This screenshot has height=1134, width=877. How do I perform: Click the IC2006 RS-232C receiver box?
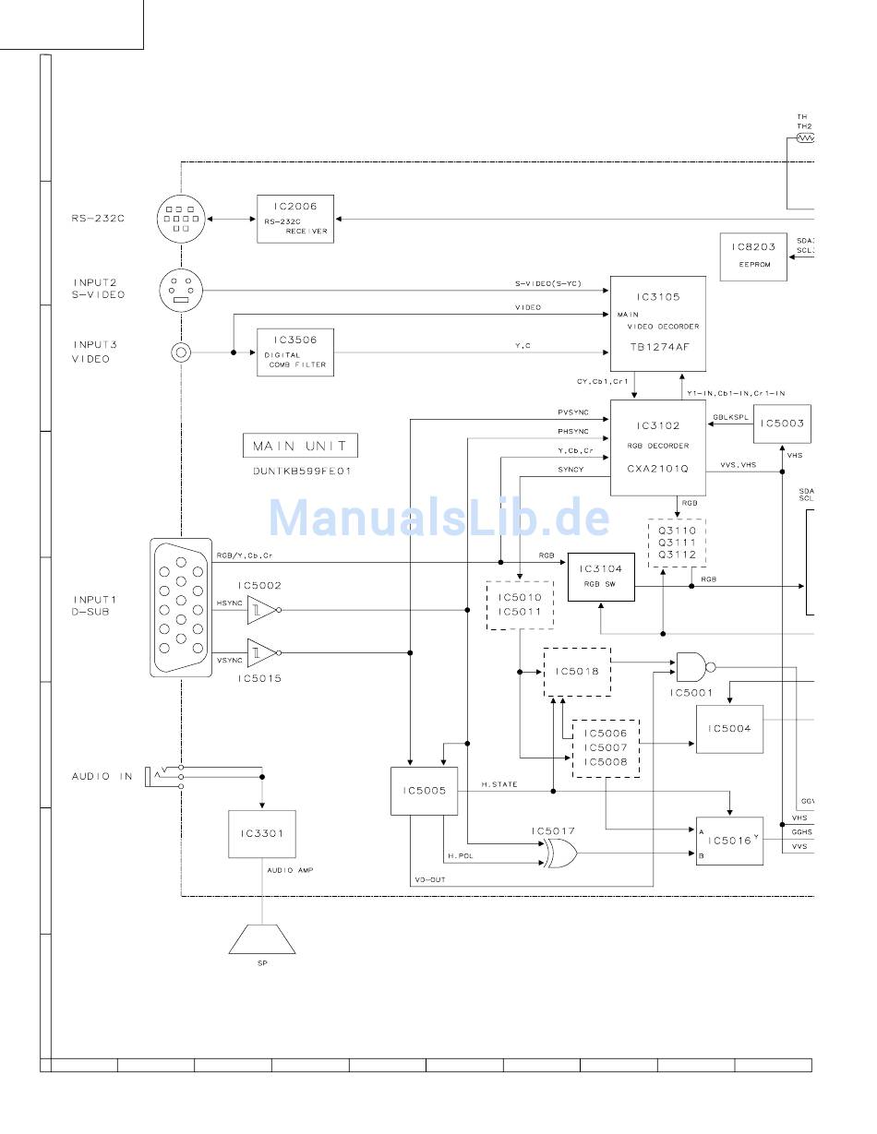[295, 219]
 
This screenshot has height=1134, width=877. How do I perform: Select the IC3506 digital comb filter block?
[295, 352]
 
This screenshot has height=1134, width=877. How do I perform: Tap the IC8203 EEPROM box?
[753, 257]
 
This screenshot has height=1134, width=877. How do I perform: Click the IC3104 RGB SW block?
[601, 577]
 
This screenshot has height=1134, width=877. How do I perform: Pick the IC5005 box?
[424, 791]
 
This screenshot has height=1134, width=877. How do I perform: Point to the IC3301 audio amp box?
[262, 834]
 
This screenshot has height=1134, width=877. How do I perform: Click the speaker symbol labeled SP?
[262, 939]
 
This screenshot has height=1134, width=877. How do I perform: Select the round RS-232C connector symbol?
[181, 220]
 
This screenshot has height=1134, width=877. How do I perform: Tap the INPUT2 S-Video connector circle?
[181, 291]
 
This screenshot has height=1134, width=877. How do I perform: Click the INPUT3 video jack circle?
[181, 352]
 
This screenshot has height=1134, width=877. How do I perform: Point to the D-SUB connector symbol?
[181, 607]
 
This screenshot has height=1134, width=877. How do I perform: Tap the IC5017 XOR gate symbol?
[559, 853]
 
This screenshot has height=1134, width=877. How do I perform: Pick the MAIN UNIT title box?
[300, 446]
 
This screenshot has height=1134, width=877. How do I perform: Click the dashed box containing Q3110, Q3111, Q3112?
[677, 543]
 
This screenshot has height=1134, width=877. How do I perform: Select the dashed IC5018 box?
[577, 672]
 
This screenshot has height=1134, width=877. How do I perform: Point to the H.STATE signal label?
[499, 784]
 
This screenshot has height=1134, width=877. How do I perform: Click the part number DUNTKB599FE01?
[302, 471]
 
